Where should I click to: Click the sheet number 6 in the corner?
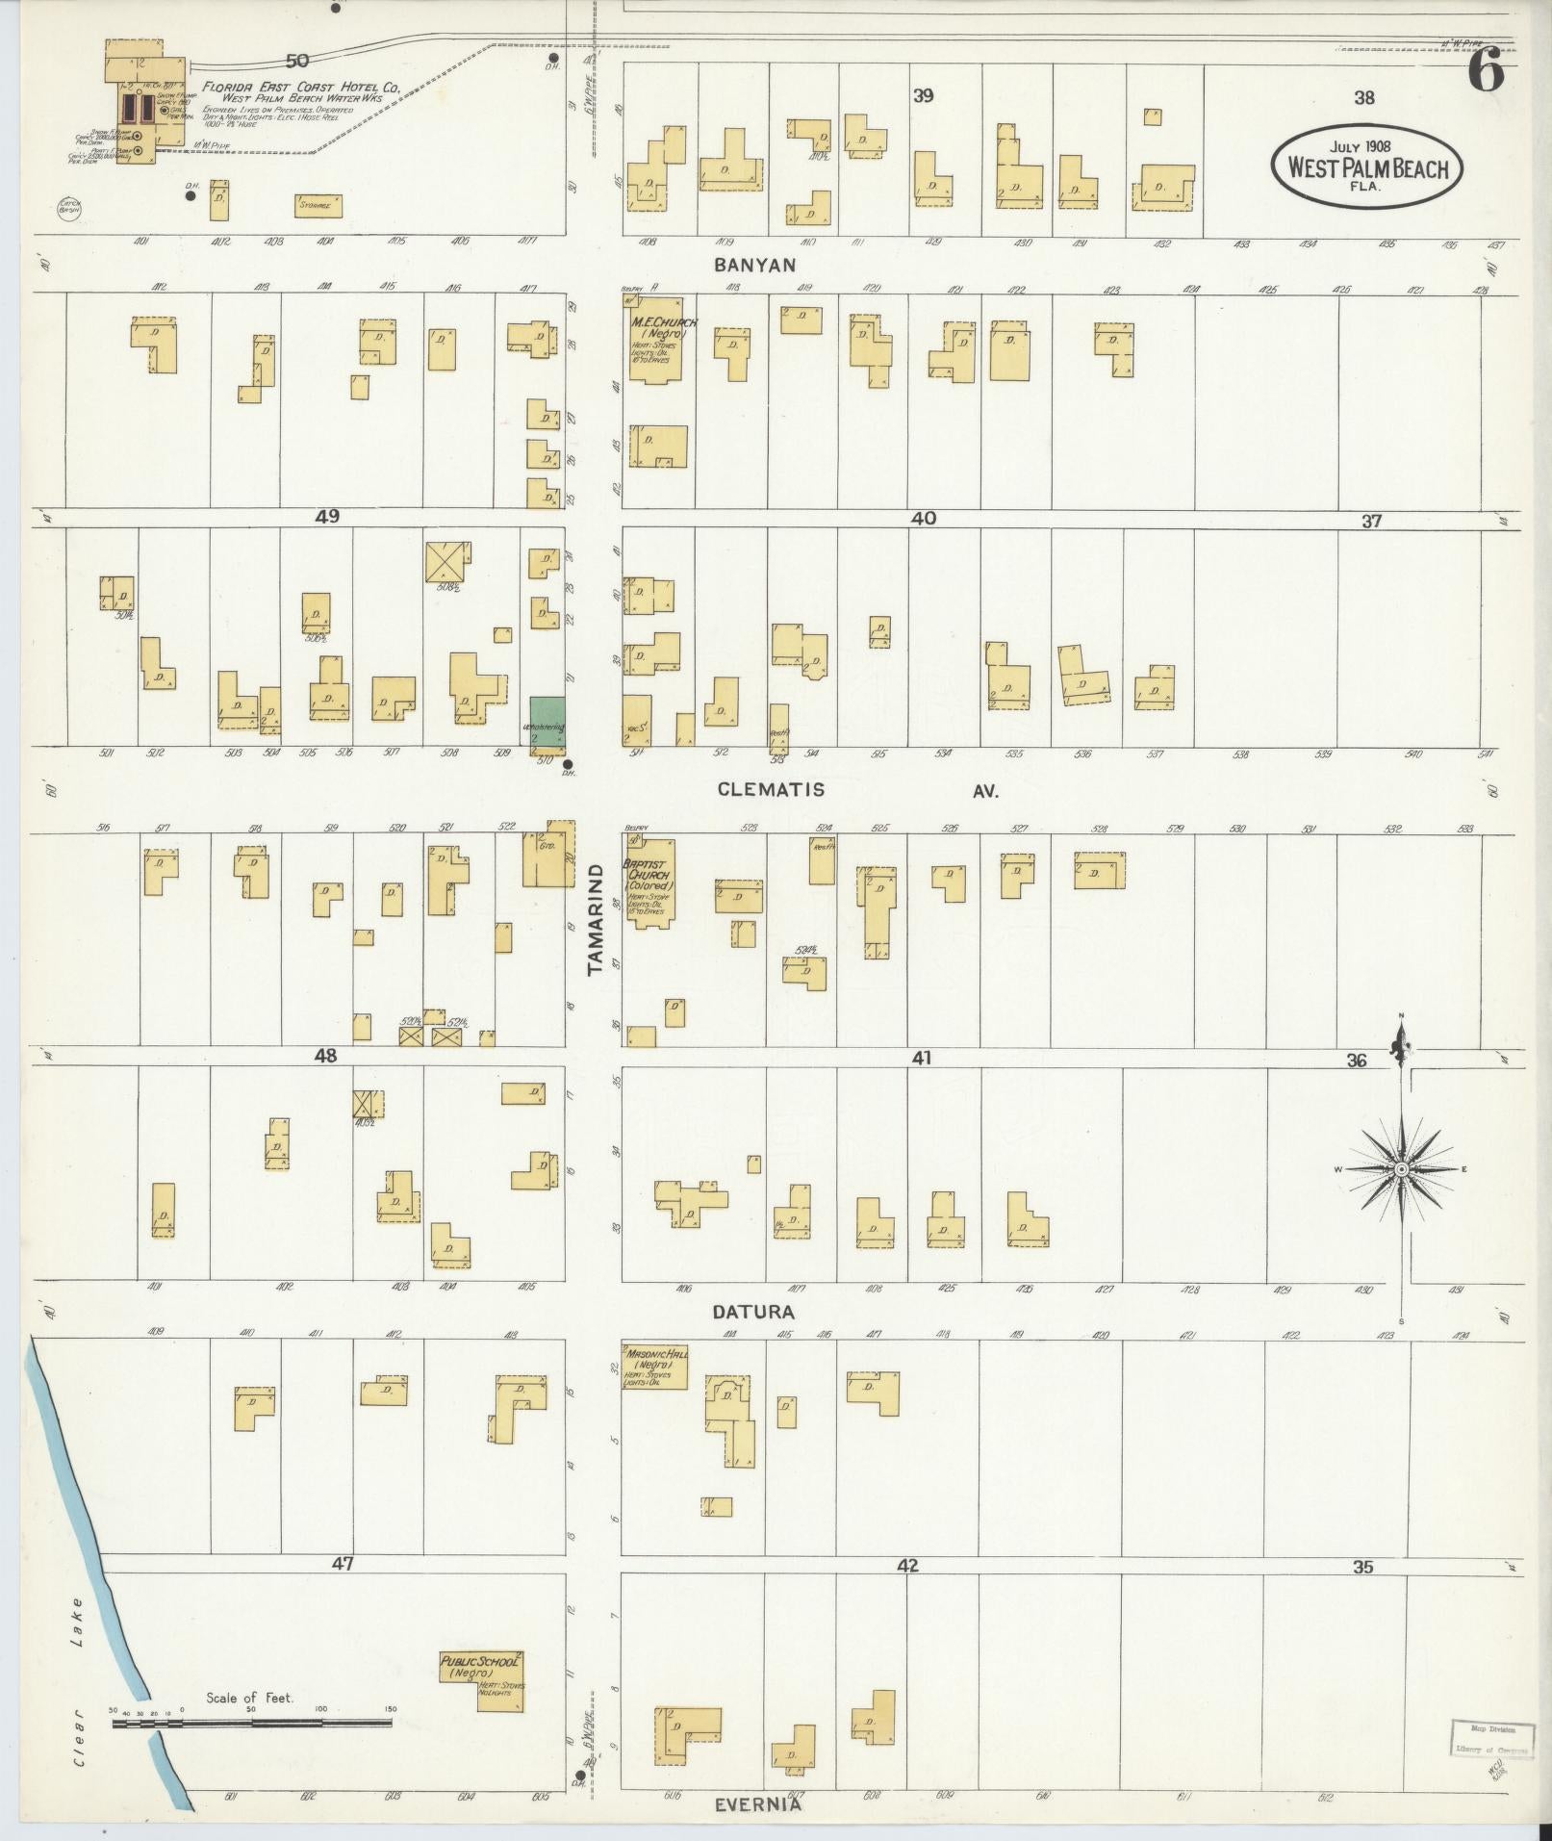(1486, 72)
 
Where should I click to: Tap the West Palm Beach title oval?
(1366, 166)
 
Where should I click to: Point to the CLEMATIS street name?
(771, 789)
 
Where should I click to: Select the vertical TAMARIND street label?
(595, 918)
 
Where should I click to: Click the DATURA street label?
(753, 1312)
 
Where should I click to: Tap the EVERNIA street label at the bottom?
(757, 1805)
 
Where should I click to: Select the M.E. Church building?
(662, 342)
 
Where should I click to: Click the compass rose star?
(1401, 1168)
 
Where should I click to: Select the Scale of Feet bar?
(252, 1723)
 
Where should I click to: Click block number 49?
(327, 517)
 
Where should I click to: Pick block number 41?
(922, 1058)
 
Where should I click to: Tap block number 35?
(1362, 1567)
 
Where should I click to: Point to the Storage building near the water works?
(318, 205)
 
